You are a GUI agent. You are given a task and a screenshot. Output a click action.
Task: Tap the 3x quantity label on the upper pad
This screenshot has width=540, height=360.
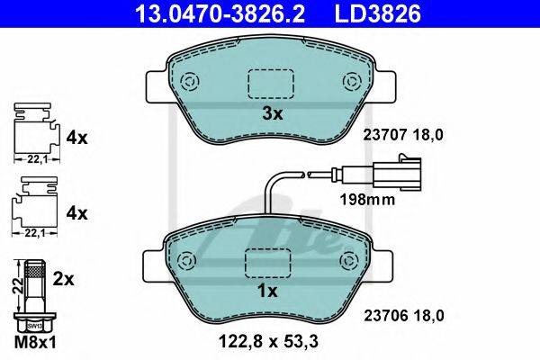pos(272,114)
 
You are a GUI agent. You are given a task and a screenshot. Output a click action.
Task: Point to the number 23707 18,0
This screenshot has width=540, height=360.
pos(403,134)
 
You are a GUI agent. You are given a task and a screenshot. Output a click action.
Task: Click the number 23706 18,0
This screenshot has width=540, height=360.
pos(403,314)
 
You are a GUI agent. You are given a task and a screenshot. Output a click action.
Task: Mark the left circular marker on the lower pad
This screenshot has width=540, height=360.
pos(189,261)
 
